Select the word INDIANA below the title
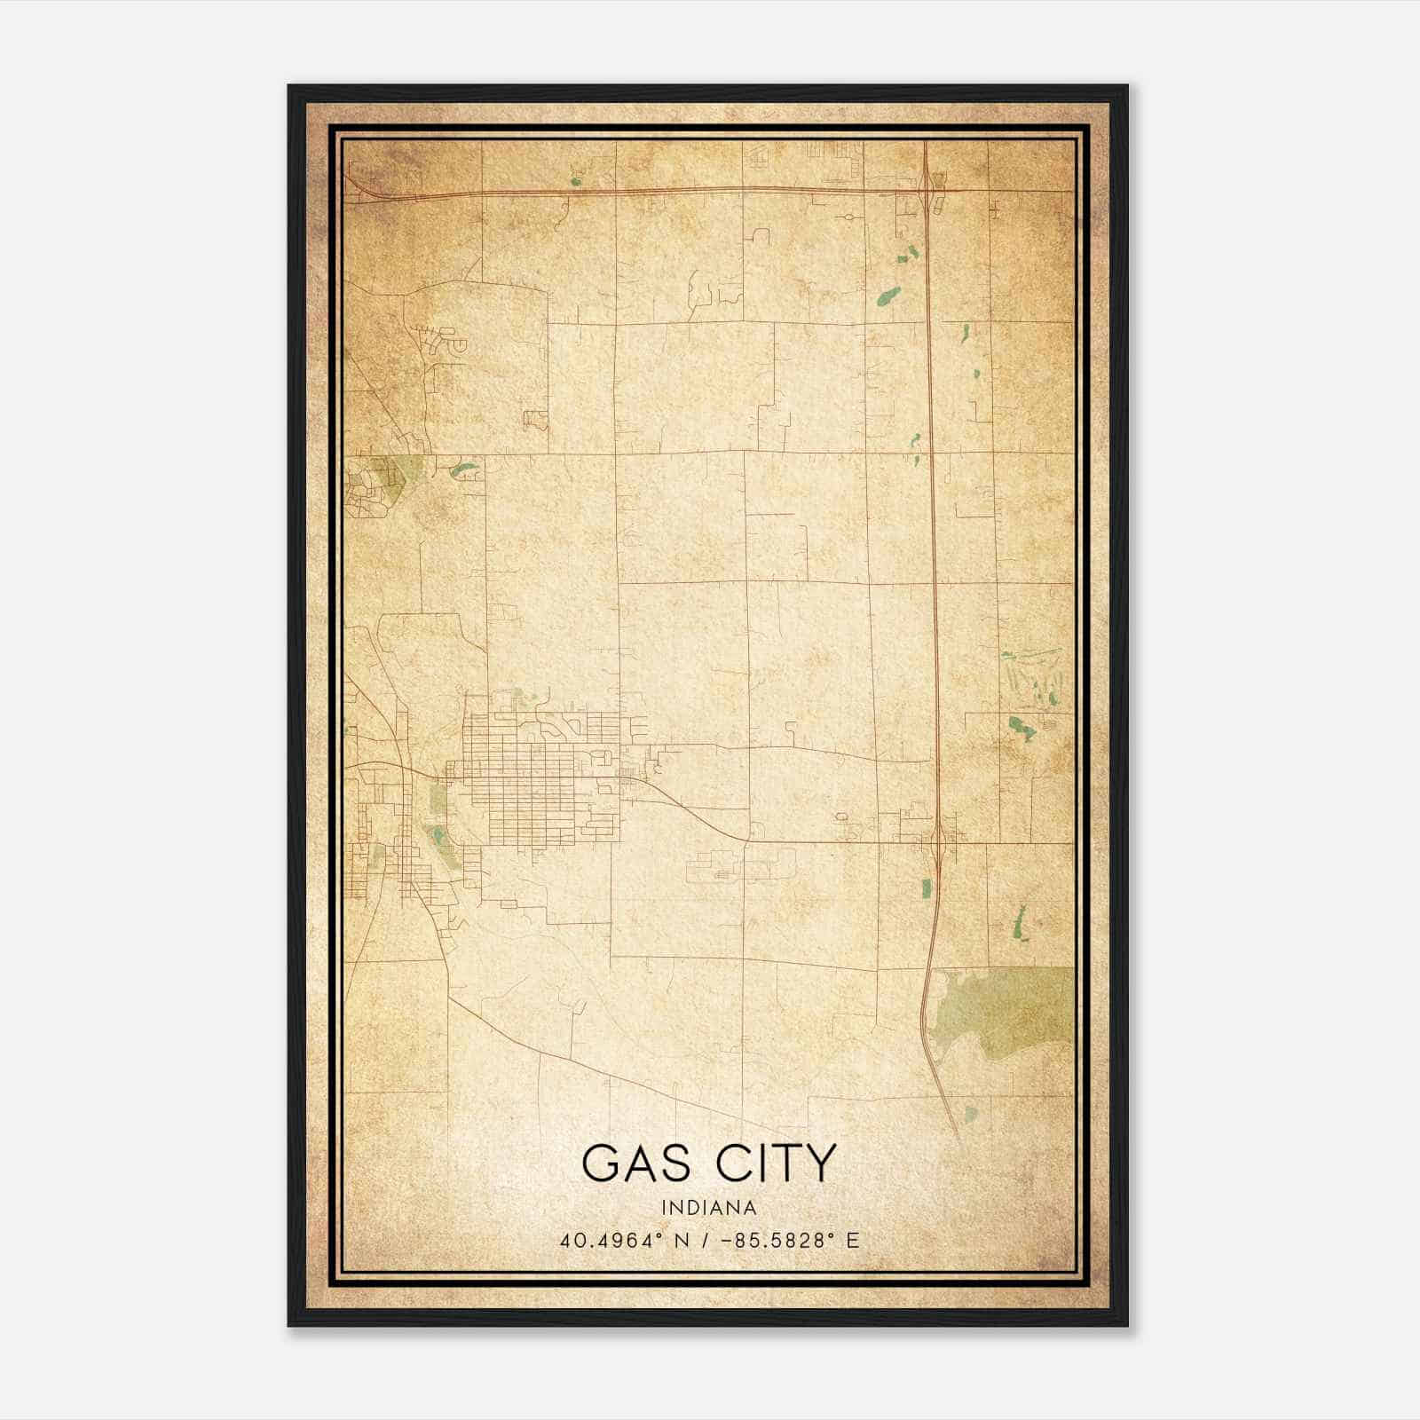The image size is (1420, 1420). [709, 1208]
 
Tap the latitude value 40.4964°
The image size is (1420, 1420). [612, 1241]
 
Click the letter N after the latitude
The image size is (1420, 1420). [682, 1241]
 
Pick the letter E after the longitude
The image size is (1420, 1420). [853, 1241]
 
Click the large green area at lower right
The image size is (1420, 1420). [1003, 1012]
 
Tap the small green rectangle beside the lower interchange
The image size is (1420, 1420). [927, 887]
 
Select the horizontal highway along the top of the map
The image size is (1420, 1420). [666, 190]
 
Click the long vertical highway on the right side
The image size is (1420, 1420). [933, 532]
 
